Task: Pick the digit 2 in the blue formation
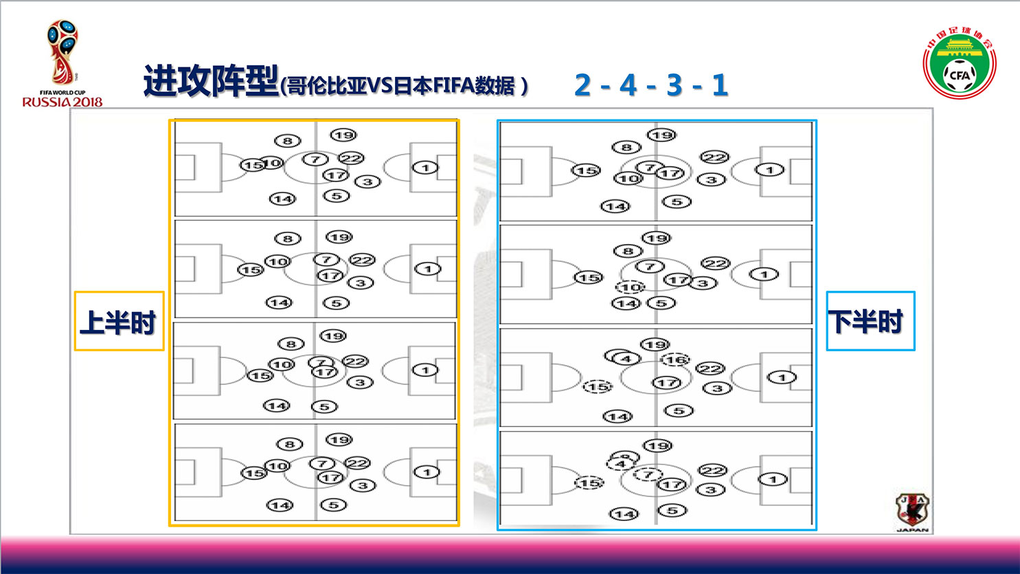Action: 582,85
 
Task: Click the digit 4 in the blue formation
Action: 628,85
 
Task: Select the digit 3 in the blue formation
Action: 674,85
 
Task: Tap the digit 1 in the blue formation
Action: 719,85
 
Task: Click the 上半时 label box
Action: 119,321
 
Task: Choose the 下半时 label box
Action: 870,321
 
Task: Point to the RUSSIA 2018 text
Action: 63,102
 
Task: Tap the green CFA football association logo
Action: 959,65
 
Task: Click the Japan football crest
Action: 912,509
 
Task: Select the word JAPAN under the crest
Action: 912,530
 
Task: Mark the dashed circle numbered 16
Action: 675,360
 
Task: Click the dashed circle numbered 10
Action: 630,287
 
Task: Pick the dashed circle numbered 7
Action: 647,474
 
